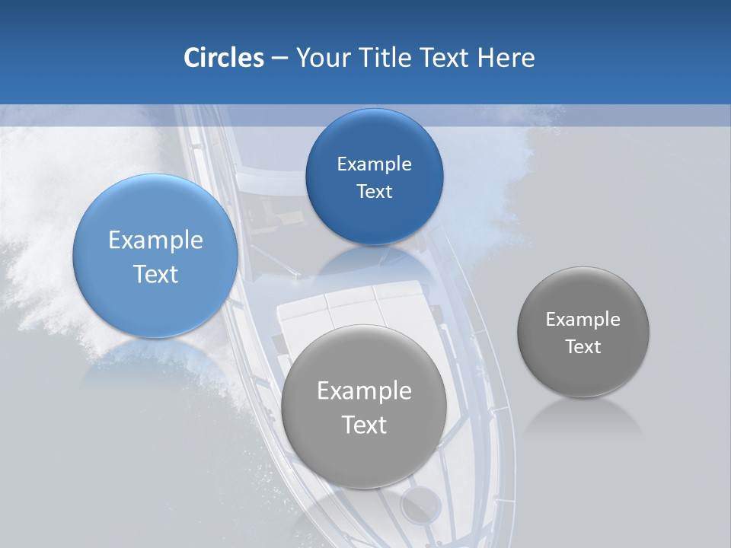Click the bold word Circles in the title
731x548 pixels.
click(223, 58)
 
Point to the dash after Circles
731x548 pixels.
click(279, 59)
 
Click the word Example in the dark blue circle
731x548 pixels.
click(374, 164)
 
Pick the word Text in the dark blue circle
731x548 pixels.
click(374, 191)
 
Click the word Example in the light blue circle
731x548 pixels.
click(155, 241)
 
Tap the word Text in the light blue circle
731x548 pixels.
click(155, 274)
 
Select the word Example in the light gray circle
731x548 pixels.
click(364, 390)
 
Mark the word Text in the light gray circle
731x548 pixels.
click(364, 424)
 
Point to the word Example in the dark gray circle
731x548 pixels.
click(583, 319)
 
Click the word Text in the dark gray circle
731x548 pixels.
click(583, 346)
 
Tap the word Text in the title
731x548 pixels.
click(445, 58)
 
